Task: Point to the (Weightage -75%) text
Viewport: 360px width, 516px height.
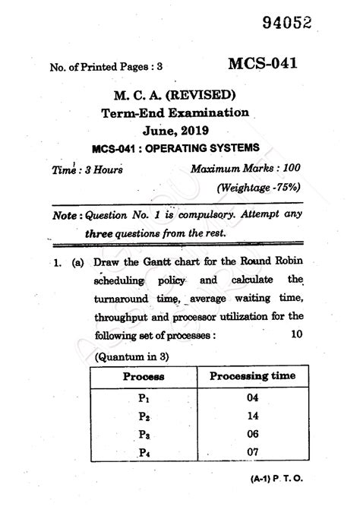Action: click(258, 186)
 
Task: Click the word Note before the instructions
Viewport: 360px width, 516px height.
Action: click(65, 215)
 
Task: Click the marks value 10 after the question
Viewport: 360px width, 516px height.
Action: click(297, 334)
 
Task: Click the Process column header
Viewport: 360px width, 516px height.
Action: click(143, 376)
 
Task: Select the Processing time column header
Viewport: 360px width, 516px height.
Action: click(252, 375)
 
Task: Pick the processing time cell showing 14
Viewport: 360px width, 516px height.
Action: click(253, 415)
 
